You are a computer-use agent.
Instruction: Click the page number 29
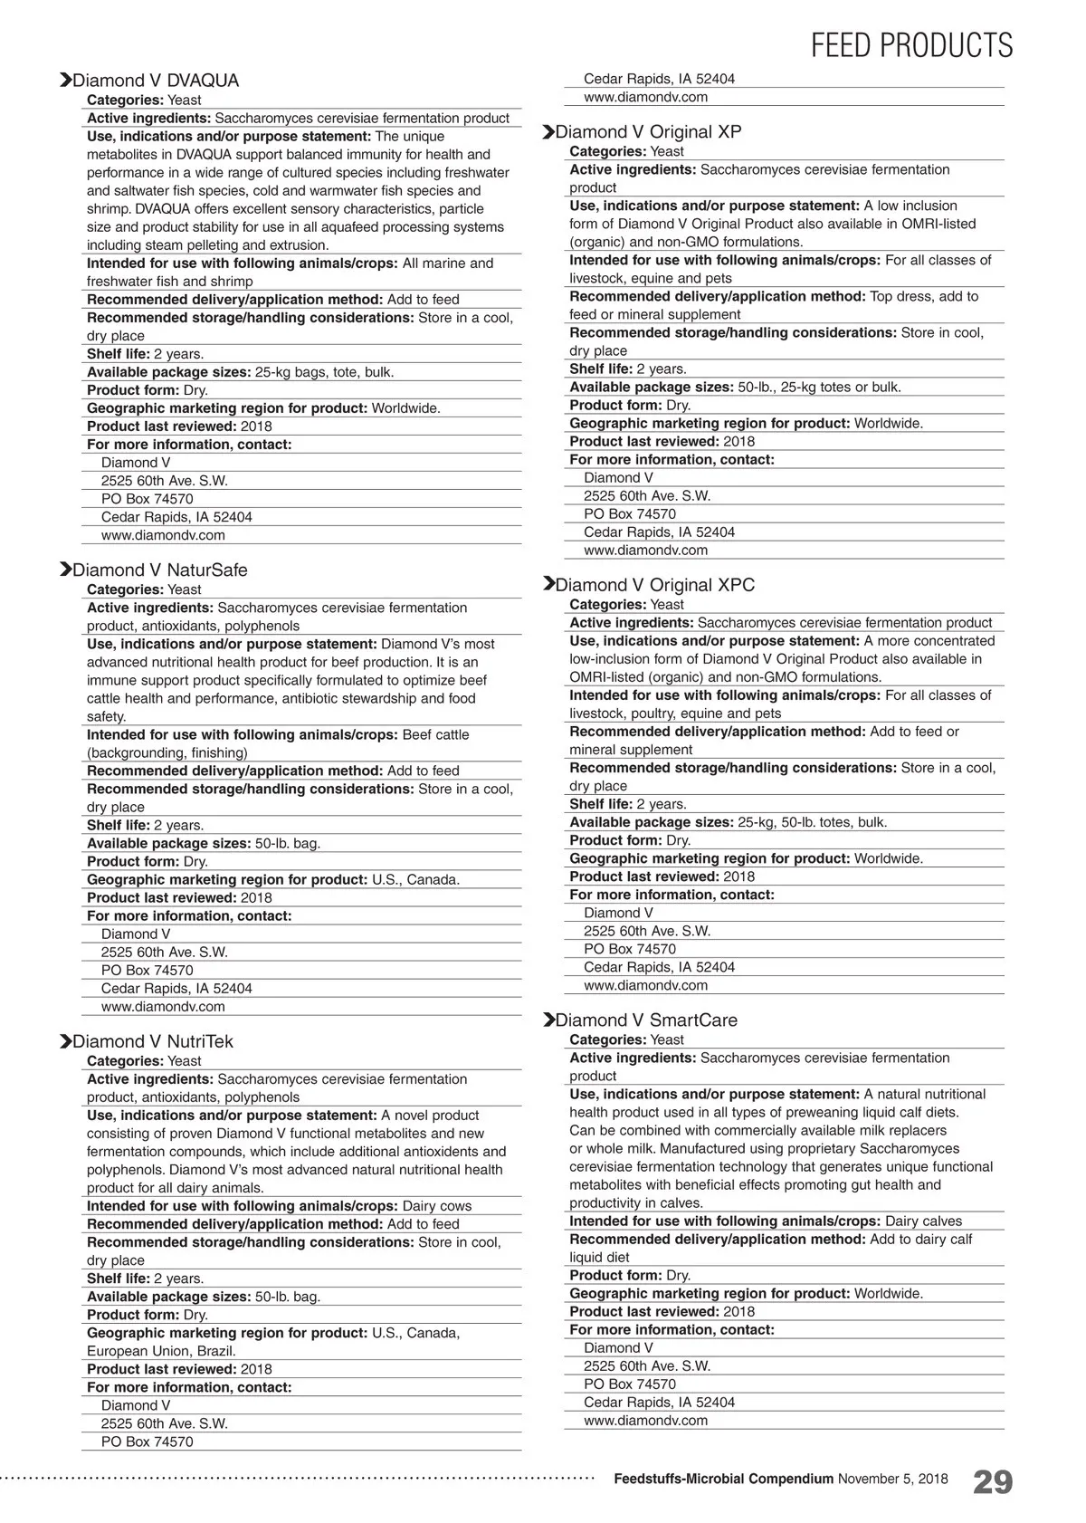tap(993, 1482)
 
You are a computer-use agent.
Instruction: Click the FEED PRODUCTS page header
tap(911, 45)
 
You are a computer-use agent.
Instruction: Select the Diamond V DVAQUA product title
tap(156, 81)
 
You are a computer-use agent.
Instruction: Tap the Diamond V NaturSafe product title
tap(159, 570)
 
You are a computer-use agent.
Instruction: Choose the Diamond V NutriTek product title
tap(152, 1042)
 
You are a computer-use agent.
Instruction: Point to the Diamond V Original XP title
tap(648, 132)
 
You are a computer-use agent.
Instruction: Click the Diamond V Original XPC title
tap(654, 586)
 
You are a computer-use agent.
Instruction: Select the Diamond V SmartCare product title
tap(646, 1020)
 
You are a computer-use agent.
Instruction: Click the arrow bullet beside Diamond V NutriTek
tap(65, 1042)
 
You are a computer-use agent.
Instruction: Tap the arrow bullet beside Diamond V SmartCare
tap(548, 1020)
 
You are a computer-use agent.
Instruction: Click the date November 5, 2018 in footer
tap(892, 1480)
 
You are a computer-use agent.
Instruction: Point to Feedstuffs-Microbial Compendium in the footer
tap(723, 1480)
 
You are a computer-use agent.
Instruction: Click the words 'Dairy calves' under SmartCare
tap(923, 1221)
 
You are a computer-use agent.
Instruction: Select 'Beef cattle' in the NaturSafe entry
tap(435, 735)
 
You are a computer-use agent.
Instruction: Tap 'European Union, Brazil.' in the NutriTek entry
tap(161, 1351)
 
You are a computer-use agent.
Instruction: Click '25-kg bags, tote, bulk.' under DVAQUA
tap(324, 372)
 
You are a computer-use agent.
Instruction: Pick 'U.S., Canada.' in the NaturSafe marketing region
tap(415, 880)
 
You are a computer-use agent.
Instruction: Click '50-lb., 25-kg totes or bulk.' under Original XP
tap(819, 388)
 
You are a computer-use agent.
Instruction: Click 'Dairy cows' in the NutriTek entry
tap(436, 1206)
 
